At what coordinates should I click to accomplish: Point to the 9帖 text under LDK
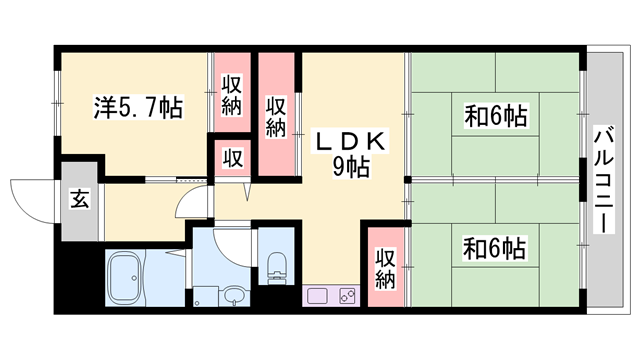(350, 167)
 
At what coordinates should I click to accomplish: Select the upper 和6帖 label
(495, 117)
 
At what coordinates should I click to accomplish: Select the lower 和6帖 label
(495, 246)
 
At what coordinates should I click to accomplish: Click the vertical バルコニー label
(603, 181)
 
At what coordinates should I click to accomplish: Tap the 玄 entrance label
(76, 198)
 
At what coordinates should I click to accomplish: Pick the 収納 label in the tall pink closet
(277, 115)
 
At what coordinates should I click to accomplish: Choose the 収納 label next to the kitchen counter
(386, 265)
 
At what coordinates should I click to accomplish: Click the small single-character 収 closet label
(231, 158)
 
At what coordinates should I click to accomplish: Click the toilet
(276, 265)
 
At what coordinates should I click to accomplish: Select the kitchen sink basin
(319, 296)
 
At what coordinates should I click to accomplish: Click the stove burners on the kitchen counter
(348, 296)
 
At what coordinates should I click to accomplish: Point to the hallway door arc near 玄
(188, 206)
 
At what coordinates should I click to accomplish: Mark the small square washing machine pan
(204, 297)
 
